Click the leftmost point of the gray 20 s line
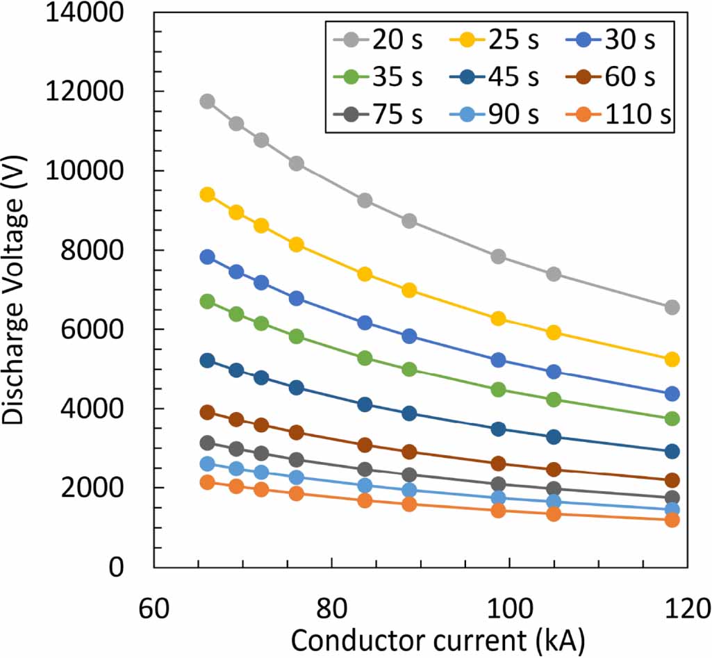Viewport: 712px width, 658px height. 207,101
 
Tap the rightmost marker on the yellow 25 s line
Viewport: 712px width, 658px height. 672,359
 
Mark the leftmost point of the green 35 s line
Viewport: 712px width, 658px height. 207,302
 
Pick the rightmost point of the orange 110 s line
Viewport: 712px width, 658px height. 672,520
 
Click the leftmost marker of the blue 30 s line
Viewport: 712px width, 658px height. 207,256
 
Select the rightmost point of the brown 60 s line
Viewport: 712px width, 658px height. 672,480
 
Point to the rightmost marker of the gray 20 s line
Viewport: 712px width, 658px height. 672,307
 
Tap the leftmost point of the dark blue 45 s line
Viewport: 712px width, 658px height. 207,361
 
